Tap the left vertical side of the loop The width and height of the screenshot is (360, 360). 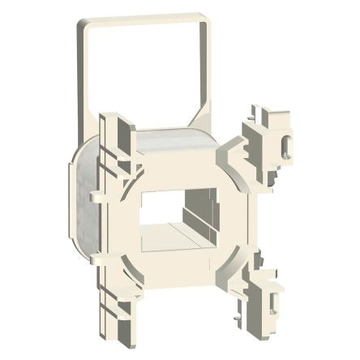tap(84, 73)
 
